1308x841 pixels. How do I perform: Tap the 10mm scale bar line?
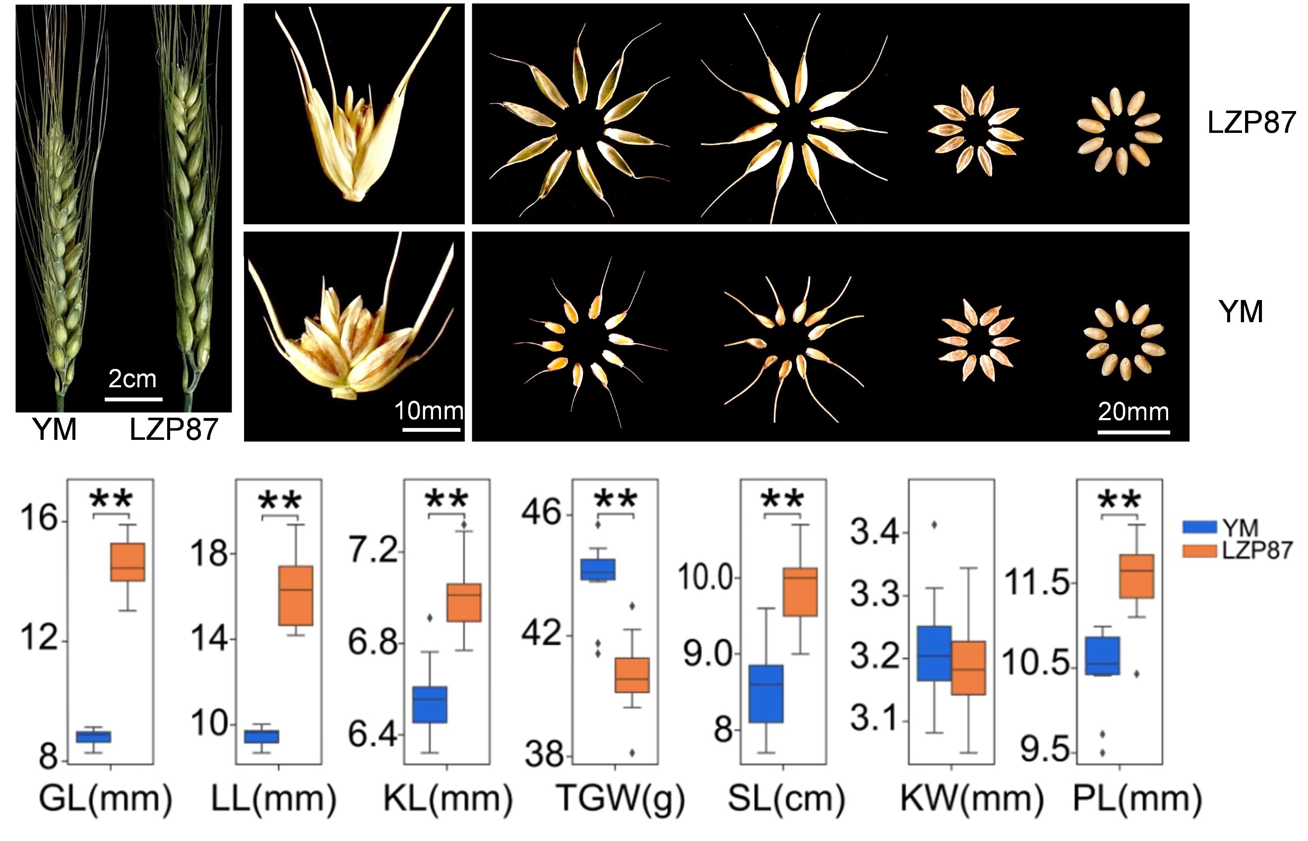coord(432,430)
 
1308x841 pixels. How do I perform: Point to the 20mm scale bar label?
coord(1133,411)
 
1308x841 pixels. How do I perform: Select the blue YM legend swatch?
coord(1199,527)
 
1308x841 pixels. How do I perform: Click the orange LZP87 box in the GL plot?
coord(127,562)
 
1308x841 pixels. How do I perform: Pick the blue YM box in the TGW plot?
coord(598,569)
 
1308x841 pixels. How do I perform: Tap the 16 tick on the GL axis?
coord(39,517)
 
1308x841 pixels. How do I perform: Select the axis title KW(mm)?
coord(972,798)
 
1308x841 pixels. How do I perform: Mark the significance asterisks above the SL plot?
coord(783,498)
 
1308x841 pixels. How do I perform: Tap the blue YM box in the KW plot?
coord(934,653)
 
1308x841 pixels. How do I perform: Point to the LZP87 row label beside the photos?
coord(1251,122)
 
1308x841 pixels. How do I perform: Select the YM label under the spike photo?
coord(55,429)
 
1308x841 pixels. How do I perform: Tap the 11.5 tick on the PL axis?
coord(1037,582)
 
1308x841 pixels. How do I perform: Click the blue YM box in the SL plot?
coord(766,694)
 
